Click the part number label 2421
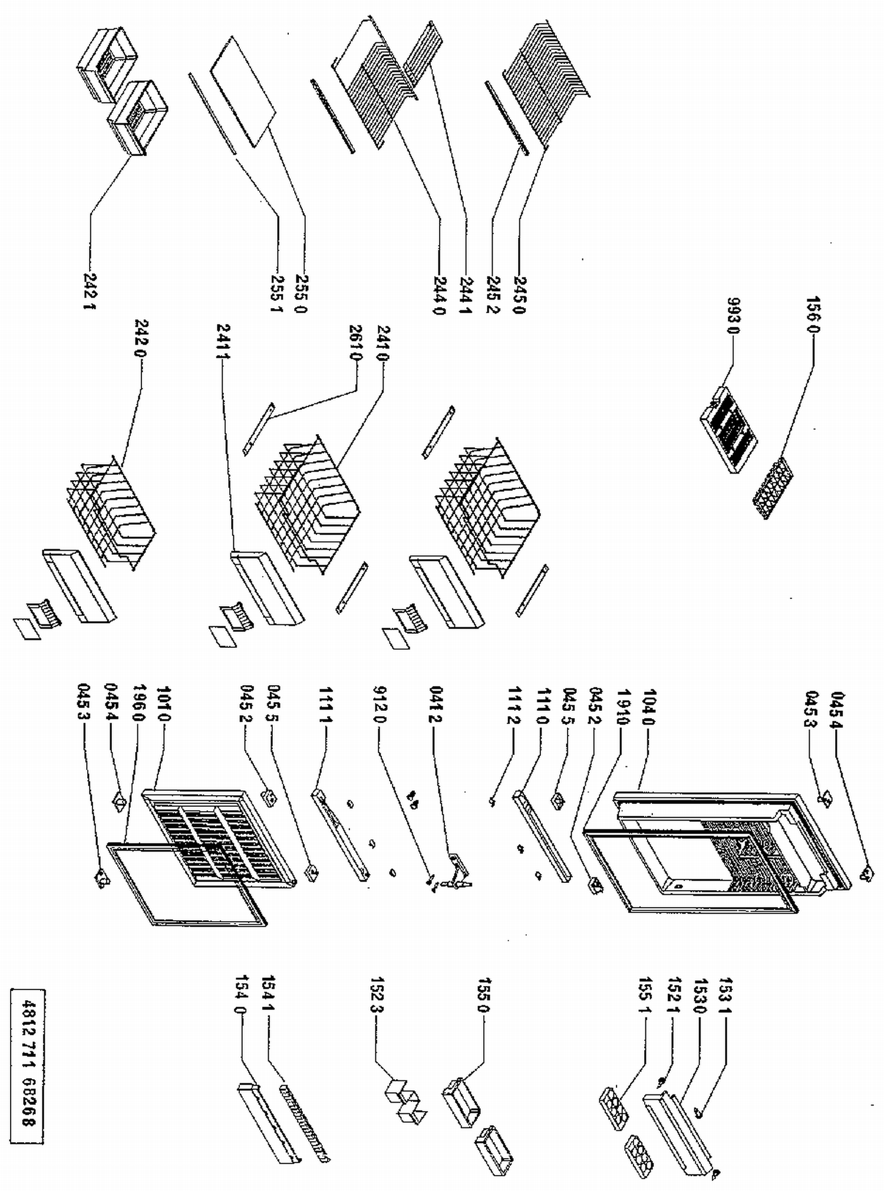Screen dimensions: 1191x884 pyautogui.click(x=90, y=291)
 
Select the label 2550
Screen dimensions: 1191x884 pyautogui.click(x=301, y=292)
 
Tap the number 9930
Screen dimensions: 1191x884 pyautogui.click(x=733, y=316)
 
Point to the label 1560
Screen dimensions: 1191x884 pyautogui.click(x=813, y=315)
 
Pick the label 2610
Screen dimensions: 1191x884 pyautogui.click(x=355, y=343)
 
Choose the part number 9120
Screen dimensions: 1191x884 pyautogui.click(x=380, y=704)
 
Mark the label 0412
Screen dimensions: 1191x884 pyautogui.click(x=435, y=704)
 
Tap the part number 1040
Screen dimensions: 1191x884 pyautogui.click(x=649, y=707)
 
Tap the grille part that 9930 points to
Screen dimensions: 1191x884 pyautogui.click(x=728, y=425)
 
